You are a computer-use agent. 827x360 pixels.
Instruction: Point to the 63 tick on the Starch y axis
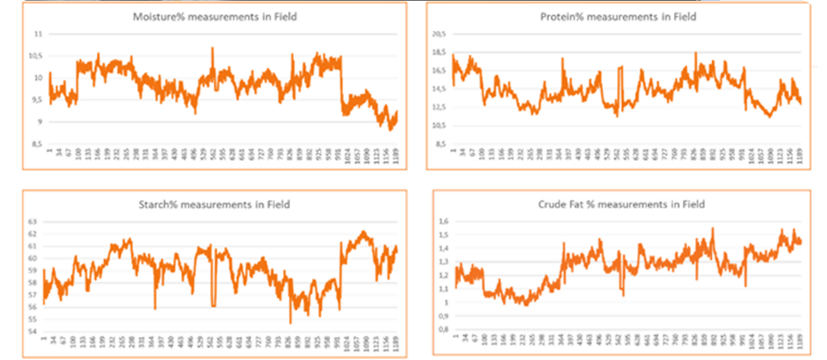tap(33, 221)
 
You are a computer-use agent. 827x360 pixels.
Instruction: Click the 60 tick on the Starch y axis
tap(33, 258)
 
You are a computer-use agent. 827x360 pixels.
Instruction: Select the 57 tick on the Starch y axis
tap(33, 295)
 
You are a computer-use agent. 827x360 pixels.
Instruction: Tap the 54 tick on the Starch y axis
tap(33, 331)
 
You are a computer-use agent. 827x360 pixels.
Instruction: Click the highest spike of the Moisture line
tap(212, 48)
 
